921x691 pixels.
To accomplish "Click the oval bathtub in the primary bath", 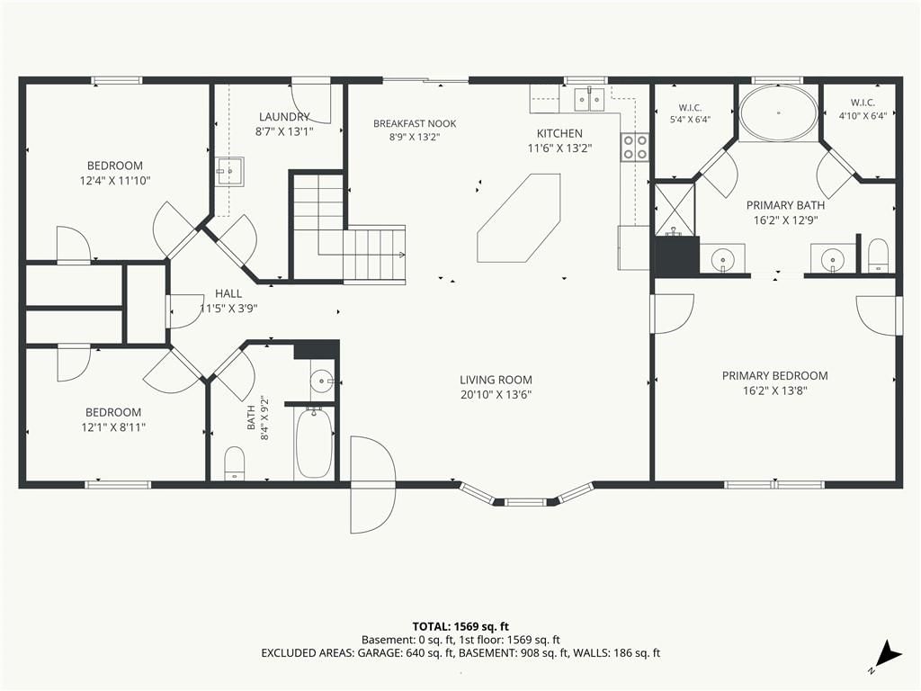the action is (778, 112).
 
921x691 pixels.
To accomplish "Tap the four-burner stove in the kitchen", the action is (634, 147).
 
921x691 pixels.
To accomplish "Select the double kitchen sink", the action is (589, 99).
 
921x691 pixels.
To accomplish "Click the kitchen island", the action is (519, 218).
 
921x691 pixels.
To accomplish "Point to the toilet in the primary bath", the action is (878, 256).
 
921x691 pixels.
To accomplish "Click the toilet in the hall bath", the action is (235, 463).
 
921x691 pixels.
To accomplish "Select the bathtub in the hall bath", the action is (314, 443).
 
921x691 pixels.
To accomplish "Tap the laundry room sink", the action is (229, 172).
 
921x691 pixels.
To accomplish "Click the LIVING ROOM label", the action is (496, 381).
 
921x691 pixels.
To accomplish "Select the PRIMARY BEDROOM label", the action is (774, 375).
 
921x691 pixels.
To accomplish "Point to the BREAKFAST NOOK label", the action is (415, 123).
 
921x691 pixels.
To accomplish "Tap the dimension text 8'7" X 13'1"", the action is (284, 131).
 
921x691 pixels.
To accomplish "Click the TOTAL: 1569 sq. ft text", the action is (460, 626).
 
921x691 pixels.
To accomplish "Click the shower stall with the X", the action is (675, 209).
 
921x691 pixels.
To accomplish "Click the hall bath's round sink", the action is (322, 381).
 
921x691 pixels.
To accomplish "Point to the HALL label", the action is (228, 294).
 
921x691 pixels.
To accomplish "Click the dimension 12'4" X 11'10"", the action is (115, 180).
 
